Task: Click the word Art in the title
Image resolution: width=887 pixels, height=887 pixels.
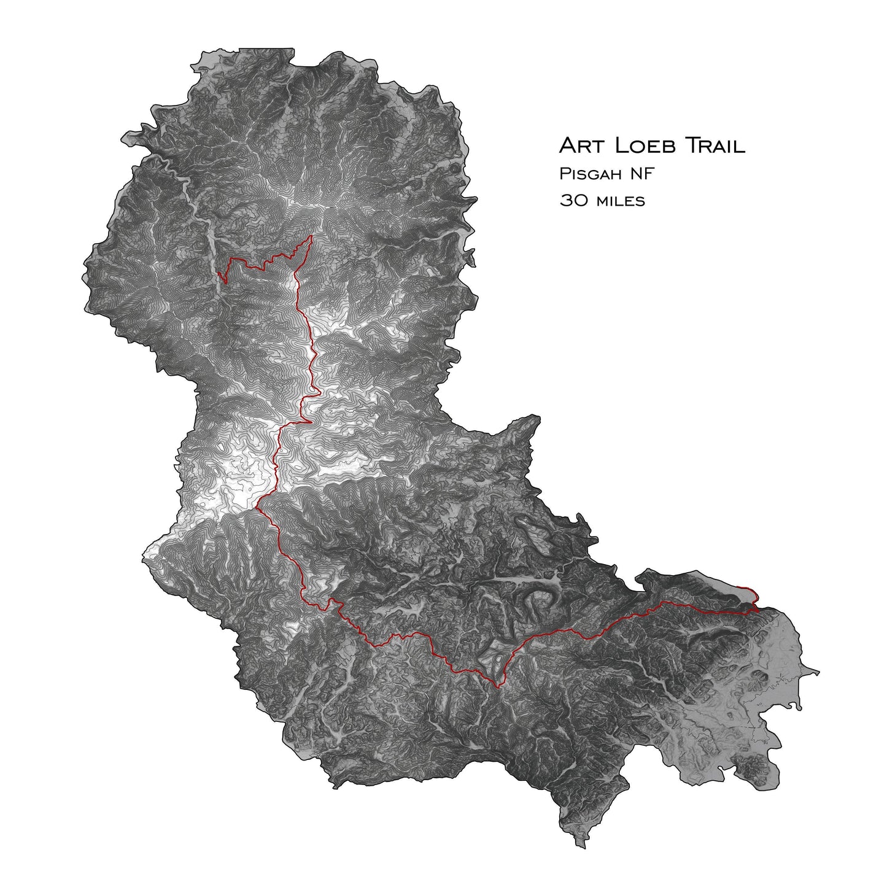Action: (x=579, y=146)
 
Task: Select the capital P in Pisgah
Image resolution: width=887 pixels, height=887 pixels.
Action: (x=564, y=174)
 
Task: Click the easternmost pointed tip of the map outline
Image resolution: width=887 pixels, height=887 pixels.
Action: (x=820, y=671)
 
